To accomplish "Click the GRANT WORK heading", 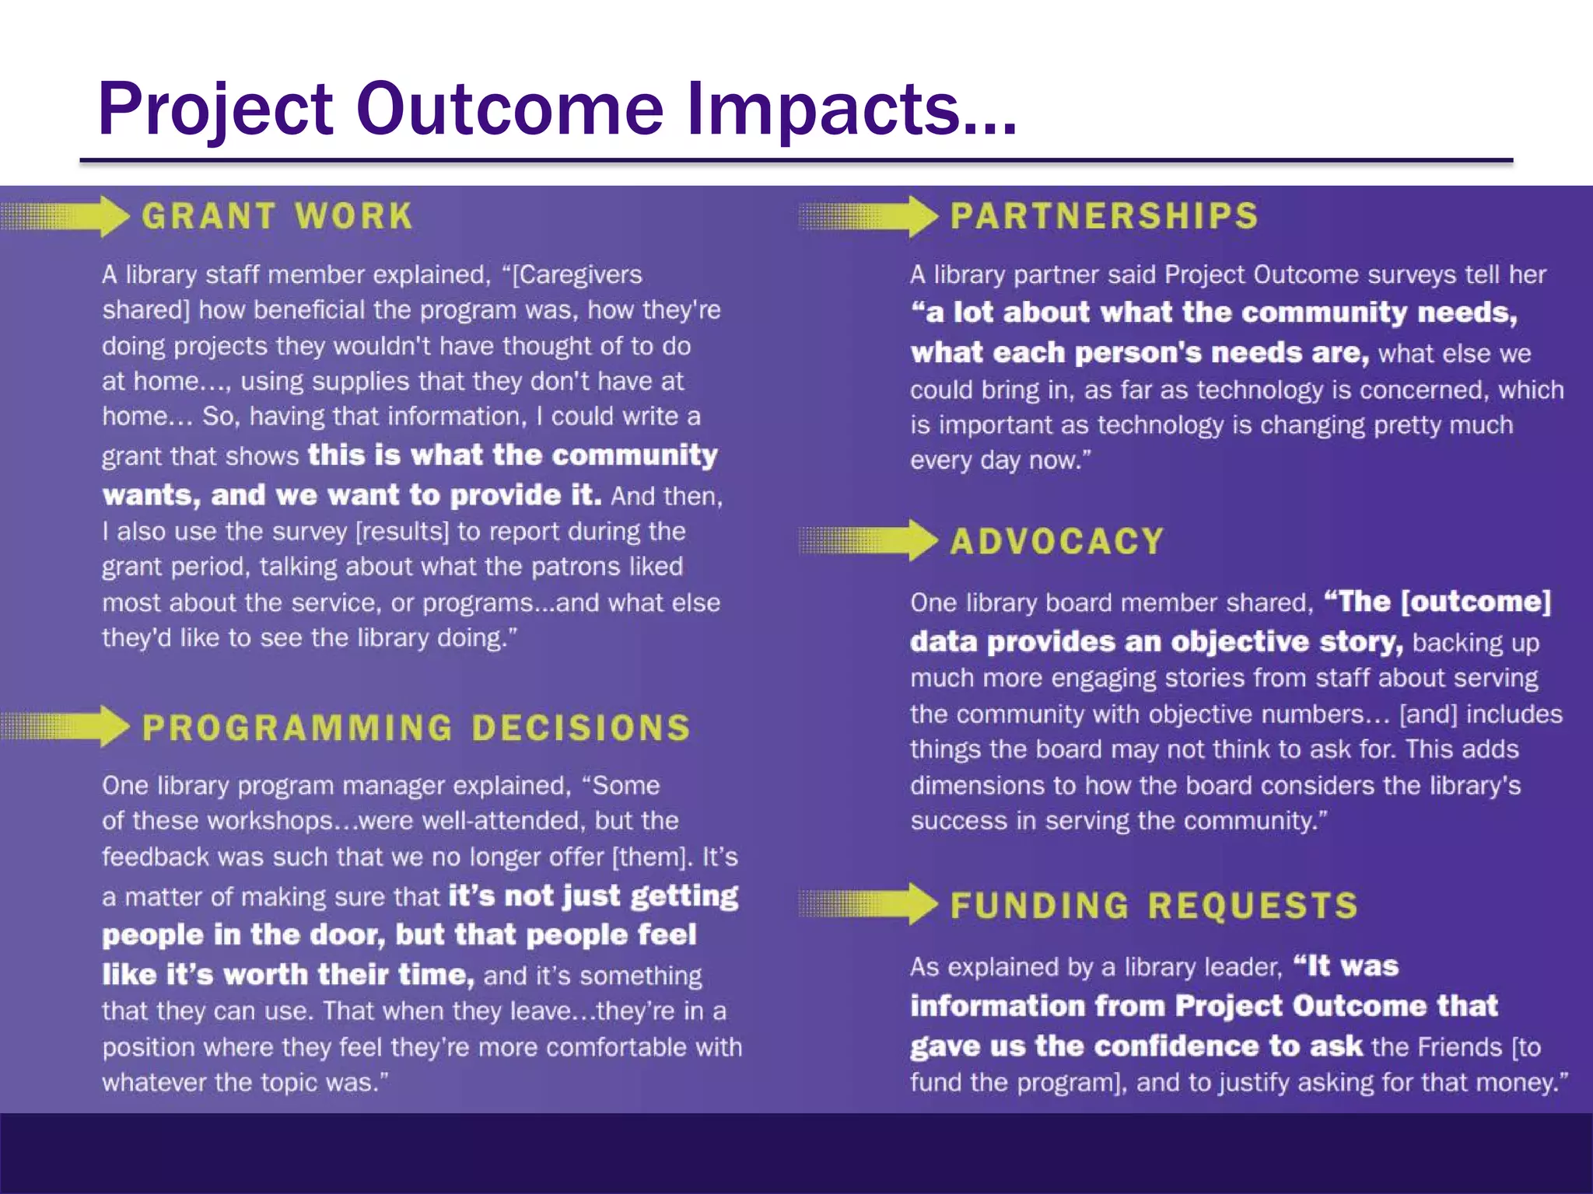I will point(277,216).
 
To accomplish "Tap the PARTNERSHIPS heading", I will point(1104,216).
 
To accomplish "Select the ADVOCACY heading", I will point(1057,541).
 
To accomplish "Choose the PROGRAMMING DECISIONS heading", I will point(416,728).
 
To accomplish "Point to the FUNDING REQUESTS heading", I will point(1154,906).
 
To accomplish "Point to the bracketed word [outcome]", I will point(1476,602).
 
